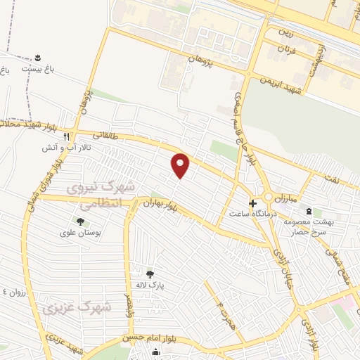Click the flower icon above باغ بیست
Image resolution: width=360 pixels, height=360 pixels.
[37, 56]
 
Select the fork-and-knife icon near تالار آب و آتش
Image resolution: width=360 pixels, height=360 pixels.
[66, 136]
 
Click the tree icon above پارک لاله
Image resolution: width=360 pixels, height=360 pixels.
[149, 274]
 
